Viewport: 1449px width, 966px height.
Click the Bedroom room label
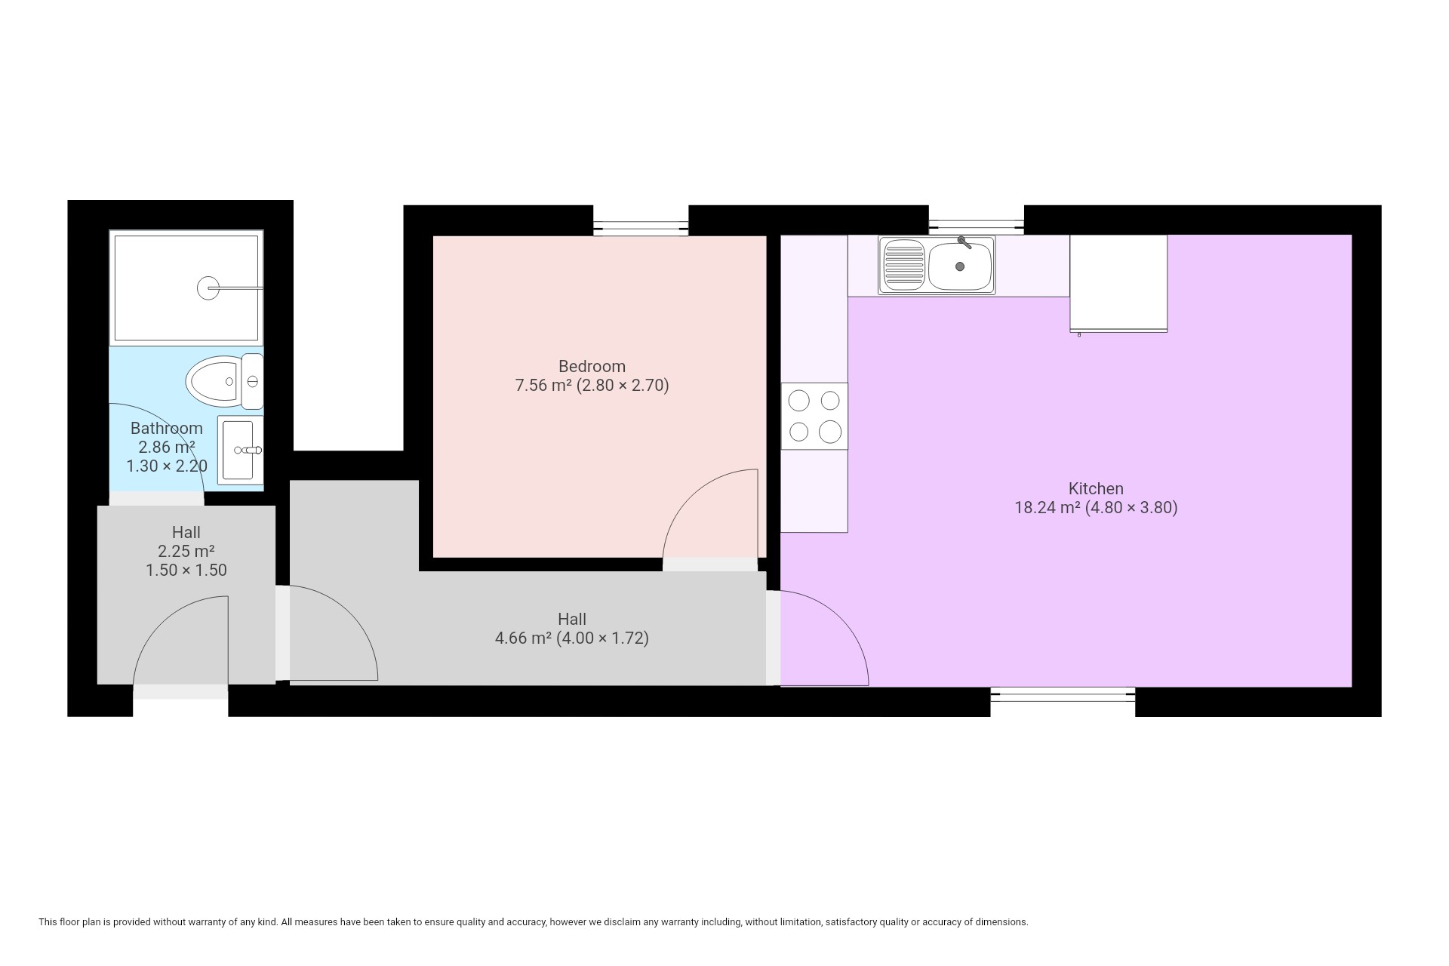click(x=592, y=367)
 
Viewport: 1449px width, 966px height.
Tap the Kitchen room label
click(x=1096, y=488)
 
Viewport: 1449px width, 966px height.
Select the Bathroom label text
click(x=166, y=428)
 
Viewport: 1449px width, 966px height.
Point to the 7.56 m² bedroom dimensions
click(x=592, y=386)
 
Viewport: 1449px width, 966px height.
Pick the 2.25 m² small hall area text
click(x=186, y=551)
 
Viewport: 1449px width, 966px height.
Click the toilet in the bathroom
click(x=224, y=382)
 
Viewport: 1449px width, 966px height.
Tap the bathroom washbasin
click(x=240, y=451)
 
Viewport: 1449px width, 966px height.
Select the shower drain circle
click(x=208, y=288)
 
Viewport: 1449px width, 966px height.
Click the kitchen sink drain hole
click(x=960, y=266)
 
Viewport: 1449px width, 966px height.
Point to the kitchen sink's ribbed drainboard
click(x=904, y=265)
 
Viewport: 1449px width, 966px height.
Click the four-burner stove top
click(x=814, y=416)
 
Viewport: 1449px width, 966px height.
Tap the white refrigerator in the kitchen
click(x=1118, y=283)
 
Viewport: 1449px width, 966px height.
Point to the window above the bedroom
click(x=641, y=225)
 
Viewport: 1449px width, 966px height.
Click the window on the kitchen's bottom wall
click(x=1063, y=694)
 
